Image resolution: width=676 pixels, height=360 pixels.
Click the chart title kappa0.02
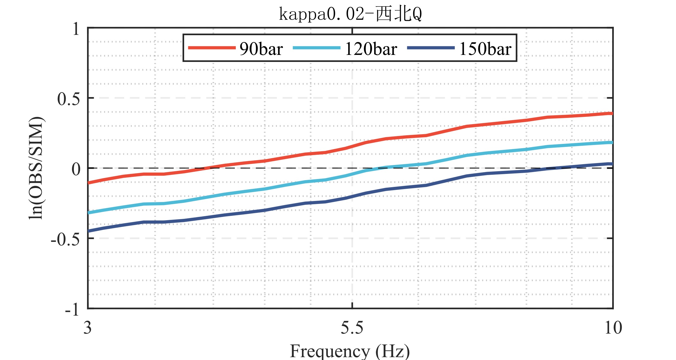(350, 14)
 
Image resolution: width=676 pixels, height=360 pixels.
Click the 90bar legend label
(261, 49)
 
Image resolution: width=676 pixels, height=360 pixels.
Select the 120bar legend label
(371, 49)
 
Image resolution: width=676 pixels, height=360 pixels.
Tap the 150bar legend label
(485, 49)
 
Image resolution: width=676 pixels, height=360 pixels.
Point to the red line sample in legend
(212, 48)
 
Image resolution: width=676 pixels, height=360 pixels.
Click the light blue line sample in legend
(316, 48)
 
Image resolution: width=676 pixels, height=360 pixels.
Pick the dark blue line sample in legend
(431, 48)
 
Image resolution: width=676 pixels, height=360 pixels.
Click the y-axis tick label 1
(76, 29)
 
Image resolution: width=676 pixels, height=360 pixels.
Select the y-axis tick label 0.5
(69, 99)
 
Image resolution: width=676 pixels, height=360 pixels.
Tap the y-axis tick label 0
(76, 169)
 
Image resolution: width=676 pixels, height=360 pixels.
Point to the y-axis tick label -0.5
(65, 239)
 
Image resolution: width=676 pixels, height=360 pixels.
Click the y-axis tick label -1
(72, 309)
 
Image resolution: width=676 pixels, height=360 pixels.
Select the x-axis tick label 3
(87, 328)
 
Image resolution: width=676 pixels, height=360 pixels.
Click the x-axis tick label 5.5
(352, 328)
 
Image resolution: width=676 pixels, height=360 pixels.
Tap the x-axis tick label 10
(613, 328)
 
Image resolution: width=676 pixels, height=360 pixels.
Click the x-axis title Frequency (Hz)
(350, 351)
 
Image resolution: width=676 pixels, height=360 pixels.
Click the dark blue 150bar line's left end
(89, 231)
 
